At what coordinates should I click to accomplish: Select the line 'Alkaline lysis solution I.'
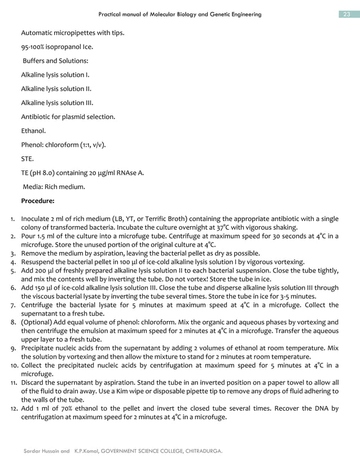55,74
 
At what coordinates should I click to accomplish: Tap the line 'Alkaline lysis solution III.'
57,103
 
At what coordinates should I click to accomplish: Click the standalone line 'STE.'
28,159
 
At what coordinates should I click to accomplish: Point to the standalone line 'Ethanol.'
33,130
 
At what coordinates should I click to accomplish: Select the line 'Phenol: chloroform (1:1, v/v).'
63,144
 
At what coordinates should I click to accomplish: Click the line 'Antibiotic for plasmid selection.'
68,117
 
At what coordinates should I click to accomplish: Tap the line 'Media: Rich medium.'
54,187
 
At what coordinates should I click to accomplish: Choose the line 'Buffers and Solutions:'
55,61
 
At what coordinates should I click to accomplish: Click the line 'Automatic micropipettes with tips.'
72,33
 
